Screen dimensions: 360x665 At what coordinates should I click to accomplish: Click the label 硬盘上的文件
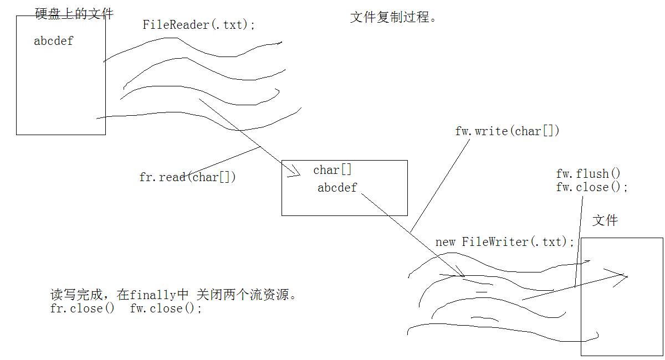pos(74,14)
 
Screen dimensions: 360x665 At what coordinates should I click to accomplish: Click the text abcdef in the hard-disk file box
pos(53,41)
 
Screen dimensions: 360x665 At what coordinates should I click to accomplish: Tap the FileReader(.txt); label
pos(199,25)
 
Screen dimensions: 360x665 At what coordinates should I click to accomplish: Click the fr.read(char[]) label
pos(187,178)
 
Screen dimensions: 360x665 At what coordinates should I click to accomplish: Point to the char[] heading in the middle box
pos(332,171)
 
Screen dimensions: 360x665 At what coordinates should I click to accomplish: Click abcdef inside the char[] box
pos(337,188)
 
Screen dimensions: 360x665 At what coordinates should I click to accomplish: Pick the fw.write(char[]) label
pos(507,131)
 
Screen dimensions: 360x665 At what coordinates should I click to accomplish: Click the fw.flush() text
pos(589,174)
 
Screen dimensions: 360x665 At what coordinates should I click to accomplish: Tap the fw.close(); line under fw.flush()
pos(592,187)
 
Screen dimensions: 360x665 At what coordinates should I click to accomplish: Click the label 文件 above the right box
pos(605,220)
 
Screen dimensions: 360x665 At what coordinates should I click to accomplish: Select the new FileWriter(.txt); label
pos(505,242)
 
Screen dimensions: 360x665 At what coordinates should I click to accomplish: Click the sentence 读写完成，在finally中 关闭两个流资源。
pos(174,295)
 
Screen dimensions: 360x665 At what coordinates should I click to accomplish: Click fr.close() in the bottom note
pos(82,308)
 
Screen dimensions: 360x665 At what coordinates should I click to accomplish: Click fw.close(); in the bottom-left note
pos(166,308)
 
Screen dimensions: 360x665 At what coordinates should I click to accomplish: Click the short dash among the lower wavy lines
pos(482,291)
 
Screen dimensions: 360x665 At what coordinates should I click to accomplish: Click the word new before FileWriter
pos(445,242)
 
